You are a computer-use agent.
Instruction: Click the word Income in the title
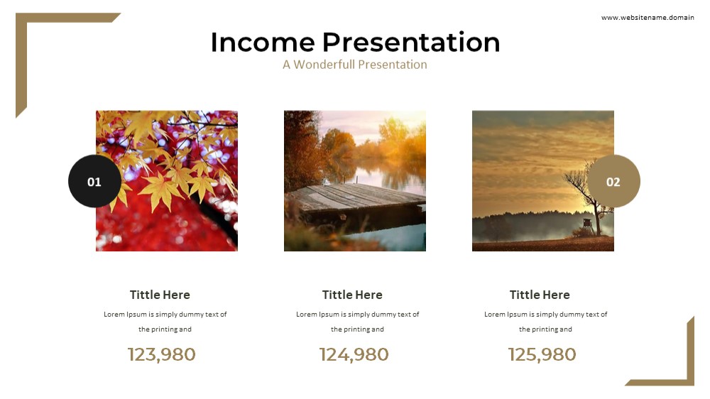click(x=263, y=42)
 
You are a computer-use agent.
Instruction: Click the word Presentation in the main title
click(x=411, y=42)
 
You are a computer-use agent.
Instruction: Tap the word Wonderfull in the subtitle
click(x=324, y=65)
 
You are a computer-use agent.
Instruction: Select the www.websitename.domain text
click(x=648, y=18)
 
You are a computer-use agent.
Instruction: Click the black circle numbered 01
click(x=94, y=181)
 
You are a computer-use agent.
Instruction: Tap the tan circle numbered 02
click(x=613, y=181)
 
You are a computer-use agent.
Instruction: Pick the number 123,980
click(x=162, y=354)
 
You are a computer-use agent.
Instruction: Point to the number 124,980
click(x=354, y=354)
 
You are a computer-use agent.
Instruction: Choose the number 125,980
click(x=542, y=354)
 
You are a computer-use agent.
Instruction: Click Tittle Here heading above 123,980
click(x=160, y=295)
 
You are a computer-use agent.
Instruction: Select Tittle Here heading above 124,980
click(x=352, y=295)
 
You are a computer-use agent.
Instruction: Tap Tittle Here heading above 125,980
click(x=540, y=295)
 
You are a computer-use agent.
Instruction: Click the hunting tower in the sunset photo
click(x=586, y=226)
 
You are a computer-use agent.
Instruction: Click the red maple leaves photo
click(x=167, y=181)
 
